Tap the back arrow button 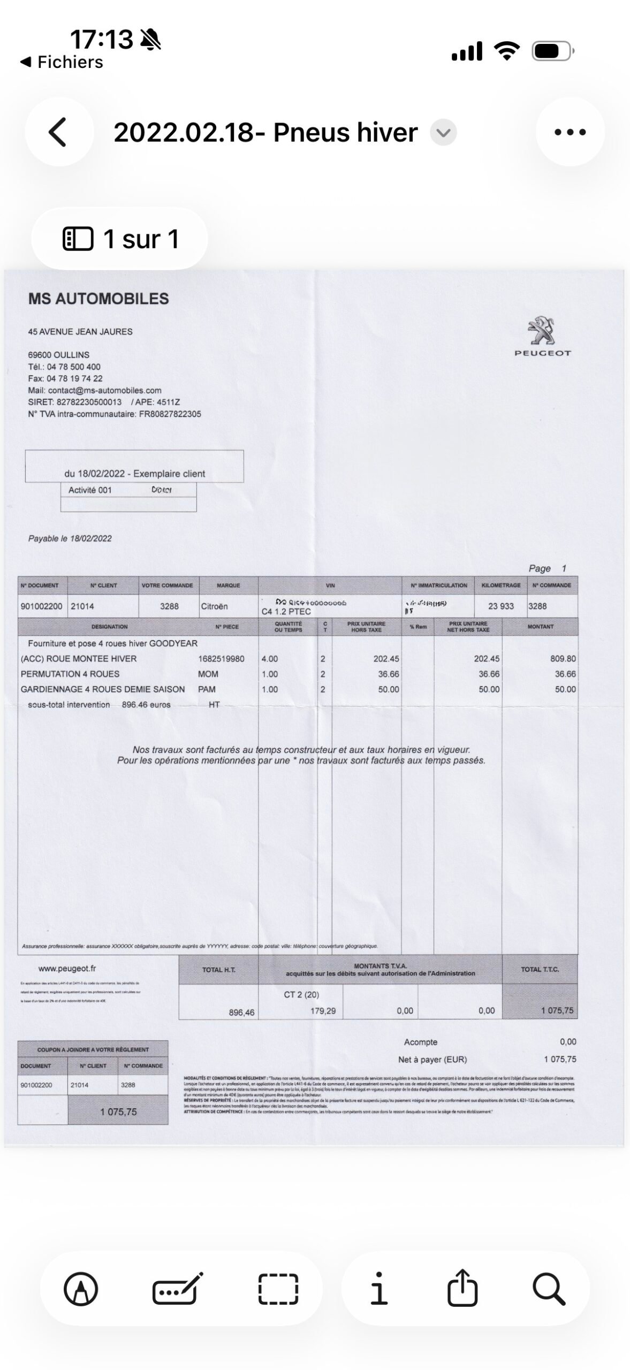click(59, 132)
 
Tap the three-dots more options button click(570, 132)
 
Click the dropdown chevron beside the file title click(443, 133)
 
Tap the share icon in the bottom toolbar click(462, 1289)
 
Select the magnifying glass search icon click(549, 1289)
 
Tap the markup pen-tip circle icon click(81, 1289)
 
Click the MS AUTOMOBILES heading click(98, 299)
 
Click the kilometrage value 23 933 click(500, 606)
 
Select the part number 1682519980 click(221, 659)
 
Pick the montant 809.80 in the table click(563, 659)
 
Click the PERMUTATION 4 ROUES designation click(70, 674)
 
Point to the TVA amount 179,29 click(323, 1011)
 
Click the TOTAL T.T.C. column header click(540, 970)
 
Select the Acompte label click(421, 1042)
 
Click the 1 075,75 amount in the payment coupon click(118, 1112)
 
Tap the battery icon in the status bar click(553, 51)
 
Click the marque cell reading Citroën click(214, 606)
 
